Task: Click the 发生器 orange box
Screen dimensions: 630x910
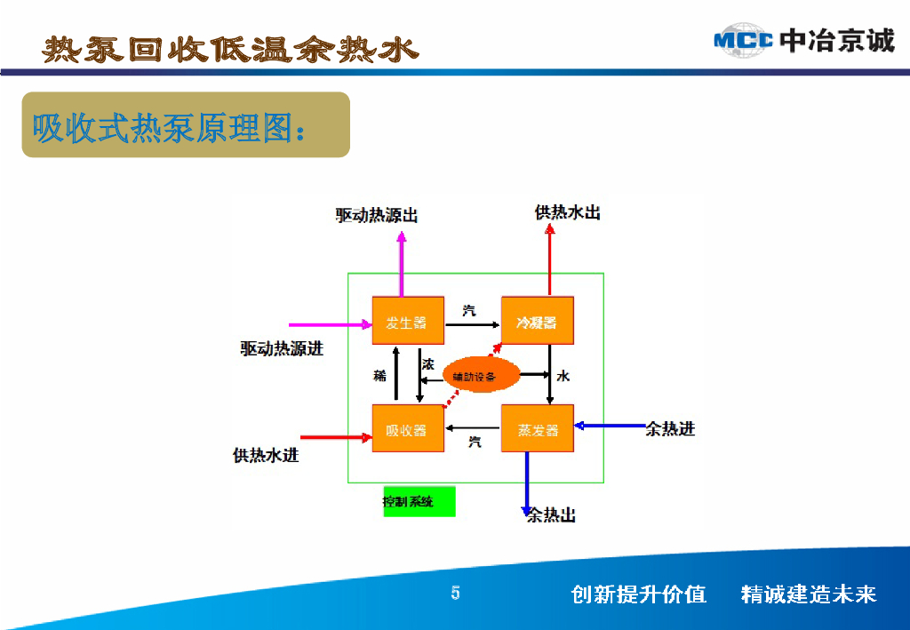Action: pyautogui.click(x=407, y=322)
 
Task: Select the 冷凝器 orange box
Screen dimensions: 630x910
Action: pyautogui.click(x=538, y=322)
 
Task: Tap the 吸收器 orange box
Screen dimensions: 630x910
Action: pyautogui.click(x=407, y=429)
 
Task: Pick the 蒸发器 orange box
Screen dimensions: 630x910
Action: pyautogui.click(x=538, y=429)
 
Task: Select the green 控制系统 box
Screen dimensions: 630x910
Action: pyautogui.click(x=419, y=501)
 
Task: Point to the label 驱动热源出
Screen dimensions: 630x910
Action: pyautogui.click(x=376, y=215)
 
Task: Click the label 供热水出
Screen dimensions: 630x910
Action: pyautogui.click(x=567, y=212)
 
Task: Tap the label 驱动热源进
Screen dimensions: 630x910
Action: pyautogui.click(x=282, y=348)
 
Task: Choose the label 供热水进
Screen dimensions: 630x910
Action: pyautogui.click(x=266, y=456)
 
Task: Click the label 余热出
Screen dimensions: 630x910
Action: pyautogui.click(x=551, y=515)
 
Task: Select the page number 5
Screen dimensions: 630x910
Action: pyautogui.click(x=455, y=594)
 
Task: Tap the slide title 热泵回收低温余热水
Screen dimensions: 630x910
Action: pyautogui.click(x=229, y=50)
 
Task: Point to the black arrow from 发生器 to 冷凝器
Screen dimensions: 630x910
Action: pyautogui.click(x=472, y=325)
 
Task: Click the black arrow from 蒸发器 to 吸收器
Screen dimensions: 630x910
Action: pyautogui.click(x=473, y=427)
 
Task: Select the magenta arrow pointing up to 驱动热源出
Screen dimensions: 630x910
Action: pyautogui.click(x=402, y=263)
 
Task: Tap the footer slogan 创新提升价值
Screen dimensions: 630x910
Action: pyautogui.click(x=638, y=594)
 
